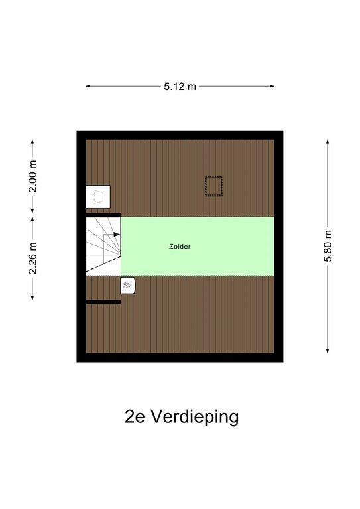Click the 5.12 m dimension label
[x=180, y=87]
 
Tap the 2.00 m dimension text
[x=32, y=176]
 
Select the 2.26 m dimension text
[x=32, y=258]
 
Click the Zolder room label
[x=180, y=247]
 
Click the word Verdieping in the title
[x=194, y=417]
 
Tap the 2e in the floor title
[x=135, y=417]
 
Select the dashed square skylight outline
[x=213, y=186]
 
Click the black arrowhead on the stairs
[x=117, y=234]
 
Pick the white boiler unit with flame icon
[x=127, y=286]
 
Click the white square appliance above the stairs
[x=98, y=197]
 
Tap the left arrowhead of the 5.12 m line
[x=88, y=86]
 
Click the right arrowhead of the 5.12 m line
[x=272, y=86]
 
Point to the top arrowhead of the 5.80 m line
[x=328, y=142]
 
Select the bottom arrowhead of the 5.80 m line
[x=328, y=351]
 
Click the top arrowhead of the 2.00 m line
[x=32, y=142]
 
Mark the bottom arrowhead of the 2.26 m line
[x=32, y=298]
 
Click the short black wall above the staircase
[x=103, y=215]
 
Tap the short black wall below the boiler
[x=103, y=302]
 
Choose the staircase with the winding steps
[x=103, y=244]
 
